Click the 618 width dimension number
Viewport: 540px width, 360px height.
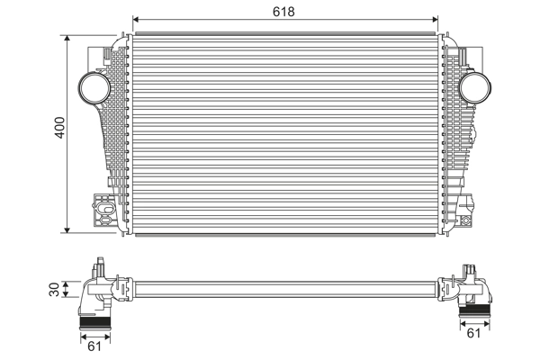284,11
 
